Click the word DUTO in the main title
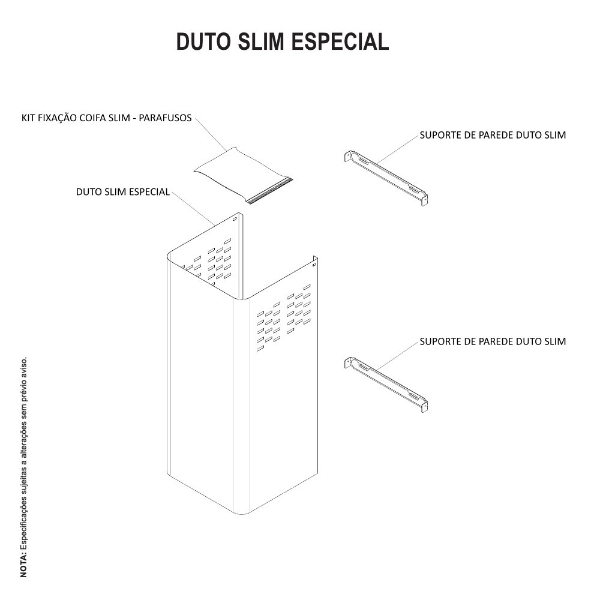203,41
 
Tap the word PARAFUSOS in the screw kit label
165,118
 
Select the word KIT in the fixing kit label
28,118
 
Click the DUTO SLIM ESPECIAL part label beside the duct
123,192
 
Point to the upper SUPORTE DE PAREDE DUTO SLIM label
493,135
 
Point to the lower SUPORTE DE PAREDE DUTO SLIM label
493,341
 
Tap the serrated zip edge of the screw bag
270,190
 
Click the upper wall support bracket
386,178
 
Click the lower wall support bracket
386,385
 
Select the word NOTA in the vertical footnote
24,565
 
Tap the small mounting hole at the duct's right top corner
314,265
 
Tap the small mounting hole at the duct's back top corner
235,219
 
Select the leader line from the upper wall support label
397,150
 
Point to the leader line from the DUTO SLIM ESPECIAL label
194,208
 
